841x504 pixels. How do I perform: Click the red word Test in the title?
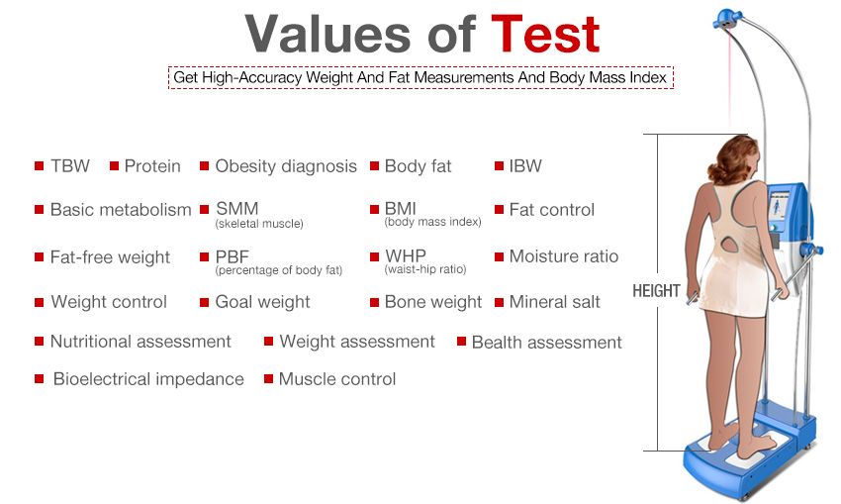click(545, 34)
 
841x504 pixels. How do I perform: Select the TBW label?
click(69, 165)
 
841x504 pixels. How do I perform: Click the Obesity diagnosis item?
click(286, 166)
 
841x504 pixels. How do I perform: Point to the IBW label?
click(525, 165)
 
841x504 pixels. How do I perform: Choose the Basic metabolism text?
click(121, 209)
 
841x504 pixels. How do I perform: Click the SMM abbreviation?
click(236, 208)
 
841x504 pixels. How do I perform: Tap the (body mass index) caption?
click(432, 222)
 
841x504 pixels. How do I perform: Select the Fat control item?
click(552, 209)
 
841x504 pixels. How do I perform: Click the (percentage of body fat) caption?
click(278, 270)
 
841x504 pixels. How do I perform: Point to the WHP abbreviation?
click(406, 255)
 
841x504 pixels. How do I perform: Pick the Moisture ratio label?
click(564, 256)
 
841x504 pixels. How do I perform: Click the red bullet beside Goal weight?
click(204, 303)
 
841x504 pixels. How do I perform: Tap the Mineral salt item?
click(555, 302)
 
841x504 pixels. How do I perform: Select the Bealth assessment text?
click(546, 342)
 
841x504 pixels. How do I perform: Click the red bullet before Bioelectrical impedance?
click(39, 379)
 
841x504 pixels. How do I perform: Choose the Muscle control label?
click(337, 379)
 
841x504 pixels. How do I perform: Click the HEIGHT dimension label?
click(656, 291)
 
